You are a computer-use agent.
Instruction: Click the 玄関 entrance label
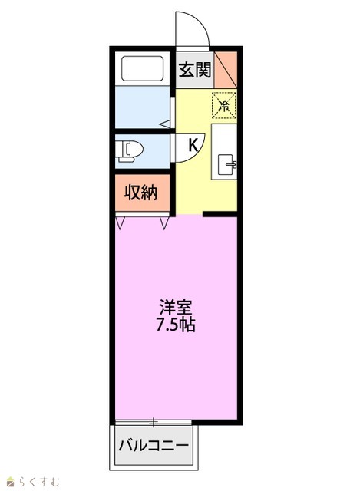coord(194,70)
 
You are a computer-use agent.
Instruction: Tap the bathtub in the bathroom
coord(142,68)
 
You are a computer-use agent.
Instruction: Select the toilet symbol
coord(128,151)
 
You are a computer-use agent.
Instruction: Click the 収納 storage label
coord(140,193)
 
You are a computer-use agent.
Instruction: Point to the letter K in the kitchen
coord(193,145)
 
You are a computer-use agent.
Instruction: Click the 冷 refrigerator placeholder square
coord(223,106)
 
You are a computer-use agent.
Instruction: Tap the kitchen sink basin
coord(225,165)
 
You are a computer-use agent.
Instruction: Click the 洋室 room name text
coord(176,308)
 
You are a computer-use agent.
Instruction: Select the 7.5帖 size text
coord(176,325)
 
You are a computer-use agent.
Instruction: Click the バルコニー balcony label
coord(154,445)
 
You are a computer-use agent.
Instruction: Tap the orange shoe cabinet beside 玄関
coord(226,70)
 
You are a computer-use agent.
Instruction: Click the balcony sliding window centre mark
coord(154,423)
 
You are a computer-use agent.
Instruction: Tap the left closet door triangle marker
coord(121,222)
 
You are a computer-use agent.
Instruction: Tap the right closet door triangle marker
coord(164,222)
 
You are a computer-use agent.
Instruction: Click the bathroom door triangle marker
coord(165,124)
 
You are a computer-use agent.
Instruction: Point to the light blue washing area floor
coord(143,107)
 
